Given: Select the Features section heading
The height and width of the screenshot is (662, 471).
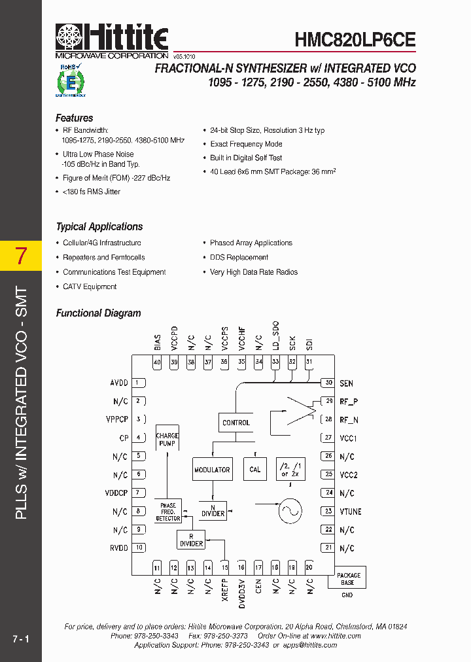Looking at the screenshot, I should pyautogui.click(x=74, y=118).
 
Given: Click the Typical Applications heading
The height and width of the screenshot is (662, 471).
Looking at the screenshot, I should pyautogui.click(x=99, y=227).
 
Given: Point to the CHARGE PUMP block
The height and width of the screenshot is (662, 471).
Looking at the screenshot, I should pyautogui.click(x=167, y=439).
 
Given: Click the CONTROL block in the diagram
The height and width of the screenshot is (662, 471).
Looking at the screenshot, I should pyautogui.click(x=236, y=423).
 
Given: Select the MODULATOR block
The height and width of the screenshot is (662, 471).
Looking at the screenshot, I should pyautogui.click(x=212, y=469).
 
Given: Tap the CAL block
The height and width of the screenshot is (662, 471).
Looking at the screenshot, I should pyautogui.click(x=255, y=469).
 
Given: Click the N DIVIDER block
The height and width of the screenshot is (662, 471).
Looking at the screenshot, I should pyautogui.click(x=213, y=510).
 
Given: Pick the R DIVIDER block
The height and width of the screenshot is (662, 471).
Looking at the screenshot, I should pyautogui.click(x=191, y=540).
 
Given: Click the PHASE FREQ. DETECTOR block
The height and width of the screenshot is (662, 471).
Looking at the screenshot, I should pyautogui.click(x=168, y=512).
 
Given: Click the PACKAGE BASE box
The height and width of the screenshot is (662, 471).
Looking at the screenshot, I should pyautogui.click(x=348, y=578).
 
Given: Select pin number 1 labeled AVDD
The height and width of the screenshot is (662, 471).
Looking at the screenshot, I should pyautogui.click(x=138, y=383).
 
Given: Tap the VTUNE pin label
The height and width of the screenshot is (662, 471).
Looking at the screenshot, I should pyautogui.click(x=350, y=512).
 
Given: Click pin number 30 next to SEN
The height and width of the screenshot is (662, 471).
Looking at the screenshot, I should pyautogui.click(x=328, y=383).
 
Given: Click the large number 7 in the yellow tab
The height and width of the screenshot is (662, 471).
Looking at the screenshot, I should pyautogui.click(x=21, y=256).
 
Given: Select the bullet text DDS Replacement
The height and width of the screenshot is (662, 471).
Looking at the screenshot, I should pyautogui.click(x=239, y=258).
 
